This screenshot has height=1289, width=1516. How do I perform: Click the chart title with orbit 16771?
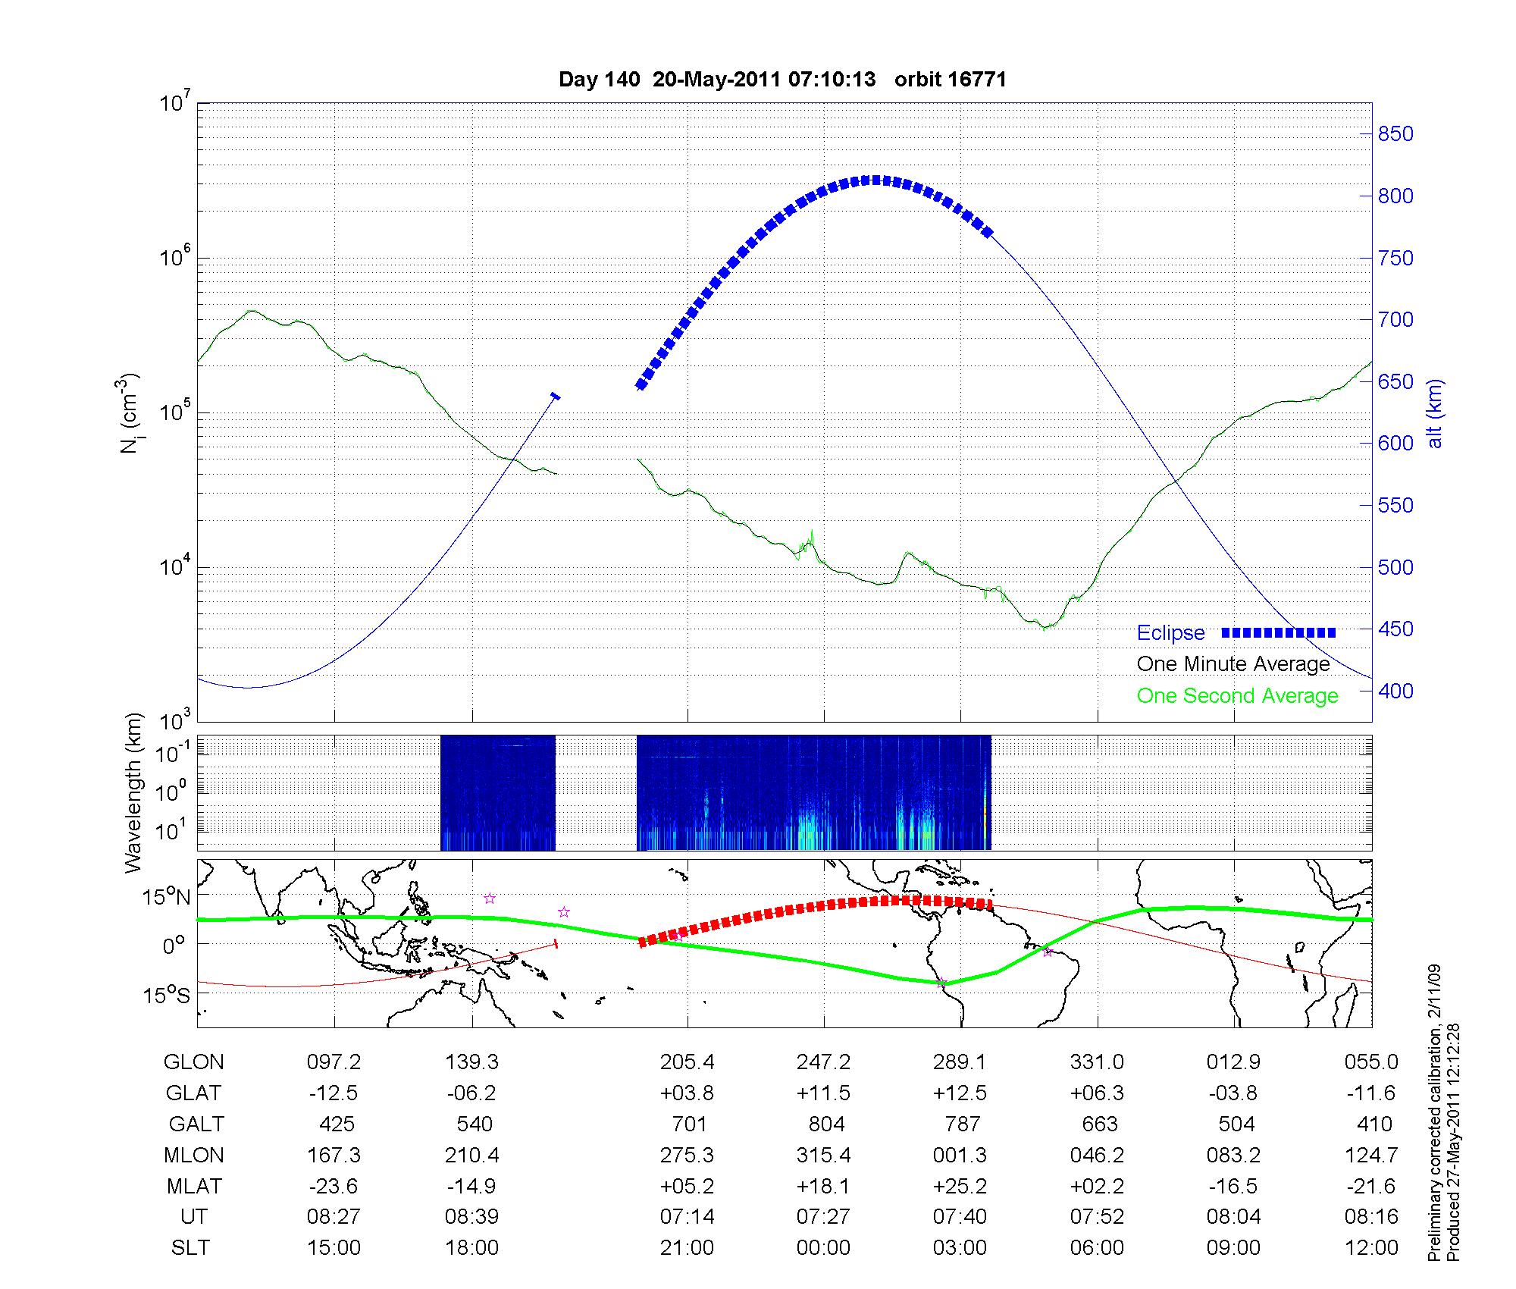782,80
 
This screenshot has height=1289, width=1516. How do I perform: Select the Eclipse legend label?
1170,633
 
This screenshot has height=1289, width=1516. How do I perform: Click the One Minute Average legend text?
1233,664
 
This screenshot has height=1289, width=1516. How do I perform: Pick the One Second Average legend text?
1237,696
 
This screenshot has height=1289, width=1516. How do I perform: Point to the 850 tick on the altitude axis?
1395,134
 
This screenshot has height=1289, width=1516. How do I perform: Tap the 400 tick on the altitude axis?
1395,691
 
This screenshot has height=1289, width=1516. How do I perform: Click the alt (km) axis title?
1435,413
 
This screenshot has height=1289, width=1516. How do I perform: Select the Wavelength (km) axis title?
134,792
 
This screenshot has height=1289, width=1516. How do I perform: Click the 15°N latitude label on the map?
168,897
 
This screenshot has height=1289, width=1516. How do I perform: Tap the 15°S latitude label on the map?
168,994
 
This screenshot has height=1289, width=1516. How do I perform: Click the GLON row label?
193,1062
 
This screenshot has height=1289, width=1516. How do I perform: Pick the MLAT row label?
194,1186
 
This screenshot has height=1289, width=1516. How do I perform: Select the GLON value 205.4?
687,1062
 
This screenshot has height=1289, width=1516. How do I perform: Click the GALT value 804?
826,1124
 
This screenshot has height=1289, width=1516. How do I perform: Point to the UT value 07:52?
1097,1217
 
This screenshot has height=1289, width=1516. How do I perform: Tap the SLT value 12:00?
1372,1248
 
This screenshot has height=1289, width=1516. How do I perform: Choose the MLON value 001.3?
960,1155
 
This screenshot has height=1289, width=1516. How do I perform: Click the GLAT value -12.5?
334,1093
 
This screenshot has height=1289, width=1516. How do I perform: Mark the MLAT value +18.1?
823,1186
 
